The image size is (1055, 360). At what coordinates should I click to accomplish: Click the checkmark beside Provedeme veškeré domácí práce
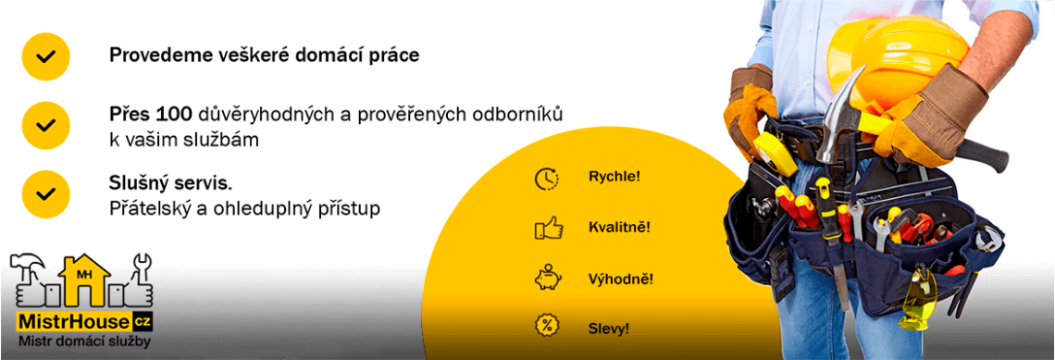coord(45,56)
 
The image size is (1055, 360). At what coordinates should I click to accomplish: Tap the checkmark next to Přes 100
coord(45,125)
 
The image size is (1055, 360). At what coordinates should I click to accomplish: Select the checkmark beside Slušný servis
coord(45,194)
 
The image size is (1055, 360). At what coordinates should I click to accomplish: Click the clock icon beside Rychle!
coord(546,179)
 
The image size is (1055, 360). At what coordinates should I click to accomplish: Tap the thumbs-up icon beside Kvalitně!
coord(549,228)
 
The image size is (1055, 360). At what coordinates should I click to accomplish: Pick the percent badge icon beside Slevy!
coord(546,326)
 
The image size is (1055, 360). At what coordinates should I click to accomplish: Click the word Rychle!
coord(614,177)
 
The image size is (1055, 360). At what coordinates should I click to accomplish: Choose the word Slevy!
coord(609,329)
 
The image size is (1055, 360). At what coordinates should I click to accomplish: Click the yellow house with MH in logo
coord(84,279)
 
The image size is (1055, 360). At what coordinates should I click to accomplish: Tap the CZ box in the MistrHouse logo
coord(143,322)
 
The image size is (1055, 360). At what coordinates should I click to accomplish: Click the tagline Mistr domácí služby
coord(84,341)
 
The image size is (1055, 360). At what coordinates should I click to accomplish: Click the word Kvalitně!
coord(619,228)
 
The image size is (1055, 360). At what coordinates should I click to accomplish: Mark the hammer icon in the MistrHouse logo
coord(29,266)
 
